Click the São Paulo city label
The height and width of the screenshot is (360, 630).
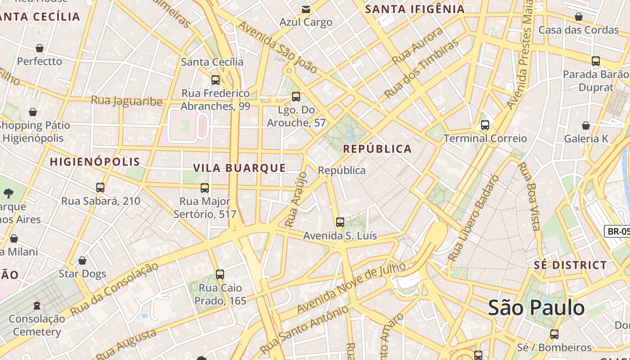click(536, 308)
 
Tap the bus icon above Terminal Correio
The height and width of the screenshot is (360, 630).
click(485, 125)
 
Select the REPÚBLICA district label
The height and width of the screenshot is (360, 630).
click(377, 149)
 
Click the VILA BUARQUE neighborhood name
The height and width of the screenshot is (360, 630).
click(239, 168)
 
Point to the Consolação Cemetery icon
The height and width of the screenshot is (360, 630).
click(37, 306)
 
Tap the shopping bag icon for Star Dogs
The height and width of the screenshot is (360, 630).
click(82, 261)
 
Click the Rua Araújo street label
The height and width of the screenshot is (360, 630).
click(296, 199)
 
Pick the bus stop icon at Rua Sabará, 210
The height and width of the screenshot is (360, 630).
click(100, 188)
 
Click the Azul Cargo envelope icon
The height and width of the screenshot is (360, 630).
click(306, 9)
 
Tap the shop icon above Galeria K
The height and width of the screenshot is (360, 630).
click(585, 126)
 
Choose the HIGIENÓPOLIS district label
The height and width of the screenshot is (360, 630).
click(95, 162)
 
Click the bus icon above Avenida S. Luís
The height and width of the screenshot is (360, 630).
click(340, 222)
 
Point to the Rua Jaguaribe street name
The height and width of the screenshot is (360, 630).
click(126, 101)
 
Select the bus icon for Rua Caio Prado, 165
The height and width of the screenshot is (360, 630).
click(220, 274)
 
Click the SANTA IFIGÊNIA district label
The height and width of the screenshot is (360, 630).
click(414, 9)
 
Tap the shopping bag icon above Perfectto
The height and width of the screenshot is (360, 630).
click(40, 48)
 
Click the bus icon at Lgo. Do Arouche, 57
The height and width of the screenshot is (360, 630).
click(296, 97)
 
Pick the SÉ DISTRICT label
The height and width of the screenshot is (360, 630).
click(570, 265)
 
